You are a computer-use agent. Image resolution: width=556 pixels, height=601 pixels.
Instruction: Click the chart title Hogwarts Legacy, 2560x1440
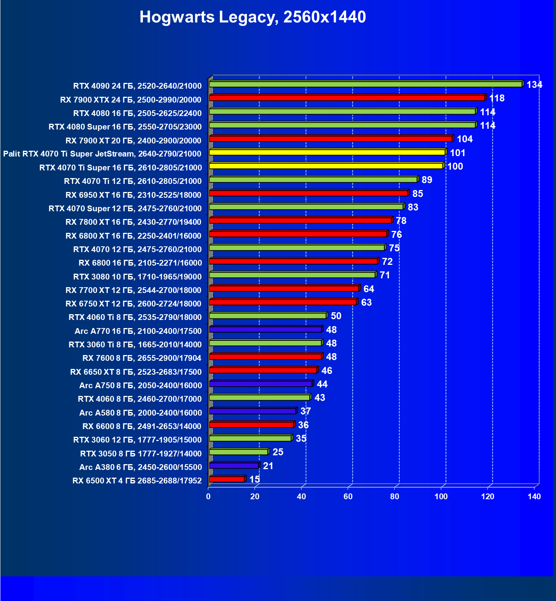pyautogui.click(x=253, y=17)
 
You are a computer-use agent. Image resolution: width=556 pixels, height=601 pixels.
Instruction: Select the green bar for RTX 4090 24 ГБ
pyautogui.click(x=366, y=84)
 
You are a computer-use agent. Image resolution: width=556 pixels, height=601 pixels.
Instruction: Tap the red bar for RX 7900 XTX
pyautogui.click(x=347, y=98)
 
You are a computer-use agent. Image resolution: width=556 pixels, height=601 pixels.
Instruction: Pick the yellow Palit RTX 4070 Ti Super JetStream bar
pyautogui.click(x=327, y=152)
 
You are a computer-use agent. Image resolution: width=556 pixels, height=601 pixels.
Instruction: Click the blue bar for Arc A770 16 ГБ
pyautogui.click(x=266, y=330)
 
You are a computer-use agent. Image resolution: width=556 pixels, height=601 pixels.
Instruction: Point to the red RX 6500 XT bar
pyautogui.click(x=227, y=479)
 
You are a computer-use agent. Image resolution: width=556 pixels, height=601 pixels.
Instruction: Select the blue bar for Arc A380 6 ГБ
pyautogui.click(x=234, y=466)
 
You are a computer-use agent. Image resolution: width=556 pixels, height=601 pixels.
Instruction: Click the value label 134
pyautogui.click(x=534, y=85)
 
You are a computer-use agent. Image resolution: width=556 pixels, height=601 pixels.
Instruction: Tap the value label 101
pyautogui.click(x=457, y=153)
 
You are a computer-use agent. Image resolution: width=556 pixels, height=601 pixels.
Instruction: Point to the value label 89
pyautogui.click(x=427, y=180)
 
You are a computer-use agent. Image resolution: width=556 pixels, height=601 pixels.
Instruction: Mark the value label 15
pyautogui.click(x=255, y=480)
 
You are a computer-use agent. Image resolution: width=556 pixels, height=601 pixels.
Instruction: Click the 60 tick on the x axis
pyautogui.click(x=348, y=497)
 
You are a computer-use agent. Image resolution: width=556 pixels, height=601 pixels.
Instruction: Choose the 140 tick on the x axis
pyautogui.click(x=534, y=497)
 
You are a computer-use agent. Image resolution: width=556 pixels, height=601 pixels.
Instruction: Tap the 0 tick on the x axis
pyautogui.click(x=208, y=497)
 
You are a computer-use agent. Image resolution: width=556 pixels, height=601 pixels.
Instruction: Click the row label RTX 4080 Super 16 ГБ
pyautogui.click(x=125, y=127)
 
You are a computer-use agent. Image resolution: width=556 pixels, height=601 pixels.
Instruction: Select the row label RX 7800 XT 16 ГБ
pyautogui.click(x=133, y=222)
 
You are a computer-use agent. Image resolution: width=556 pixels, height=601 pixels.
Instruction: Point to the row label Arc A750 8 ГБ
pyautogui.click(x=141, y=386)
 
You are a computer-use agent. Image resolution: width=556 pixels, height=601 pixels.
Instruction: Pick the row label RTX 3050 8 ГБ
pyautogui.click(x=141, y=454)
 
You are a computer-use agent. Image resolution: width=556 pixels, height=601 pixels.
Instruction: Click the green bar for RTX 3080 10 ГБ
pyautogui.click(x=293, y=275)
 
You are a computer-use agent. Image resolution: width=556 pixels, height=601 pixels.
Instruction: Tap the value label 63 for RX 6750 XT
pyautogui.click(x=366, y=303)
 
